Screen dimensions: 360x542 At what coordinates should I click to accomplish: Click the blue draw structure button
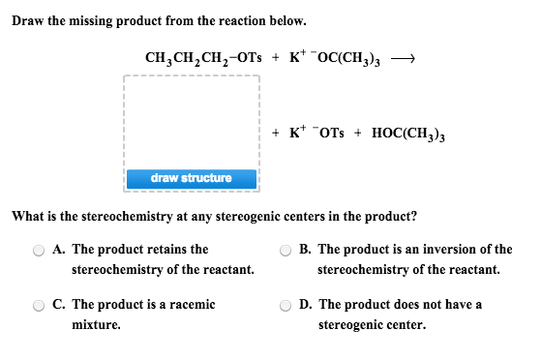click(191, 178)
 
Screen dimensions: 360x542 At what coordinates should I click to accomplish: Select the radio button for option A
click(40, 250)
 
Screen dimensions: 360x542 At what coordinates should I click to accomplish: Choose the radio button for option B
click(286, 250)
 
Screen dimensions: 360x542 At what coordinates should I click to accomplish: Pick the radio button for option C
click(40, 306)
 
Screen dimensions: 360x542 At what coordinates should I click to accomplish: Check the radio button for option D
click(286, 306)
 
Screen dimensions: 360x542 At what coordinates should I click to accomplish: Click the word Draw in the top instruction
click(29, 20)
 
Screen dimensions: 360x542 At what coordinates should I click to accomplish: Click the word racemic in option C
click(193, 305)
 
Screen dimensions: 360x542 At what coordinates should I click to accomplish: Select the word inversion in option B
click(442, 250)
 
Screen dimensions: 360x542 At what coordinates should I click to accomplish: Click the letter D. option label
click(306, 305)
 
